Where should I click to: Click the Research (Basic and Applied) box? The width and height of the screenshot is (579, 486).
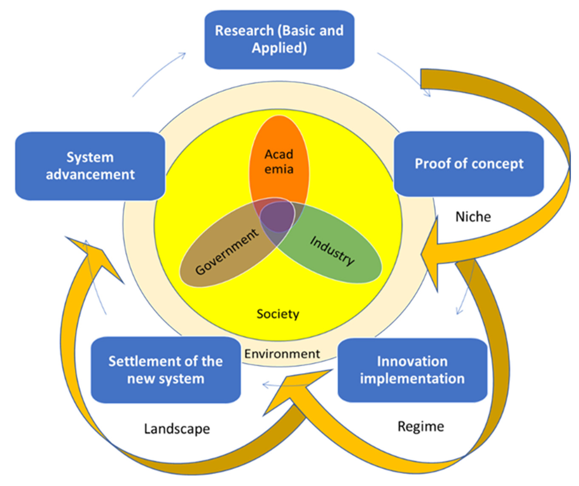(x=279, y=40)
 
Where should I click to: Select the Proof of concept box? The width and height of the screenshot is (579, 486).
(x=469, y=164)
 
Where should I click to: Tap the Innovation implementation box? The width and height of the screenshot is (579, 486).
(x=412, y=370)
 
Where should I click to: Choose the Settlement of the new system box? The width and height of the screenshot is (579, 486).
(x=166, y=370)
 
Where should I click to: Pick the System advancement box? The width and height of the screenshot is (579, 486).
(x=90, y=166)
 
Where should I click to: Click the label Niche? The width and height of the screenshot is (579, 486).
(x=473, y=217)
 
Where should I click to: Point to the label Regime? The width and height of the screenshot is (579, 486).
(x=420, y=426)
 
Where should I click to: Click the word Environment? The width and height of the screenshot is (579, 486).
(x=282, y=354)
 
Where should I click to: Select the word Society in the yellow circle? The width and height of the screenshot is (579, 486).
(x=278, y=314)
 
